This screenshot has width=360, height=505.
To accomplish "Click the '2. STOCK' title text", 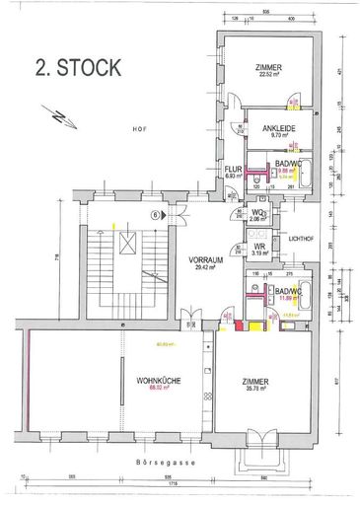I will [x=79, y=67].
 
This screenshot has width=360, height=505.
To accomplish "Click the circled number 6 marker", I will [x=154, y=214].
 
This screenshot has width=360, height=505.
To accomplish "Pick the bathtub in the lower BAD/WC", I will [x=305, y=294].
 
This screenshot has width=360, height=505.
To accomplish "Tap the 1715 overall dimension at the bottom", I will [x=174, y=486].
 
